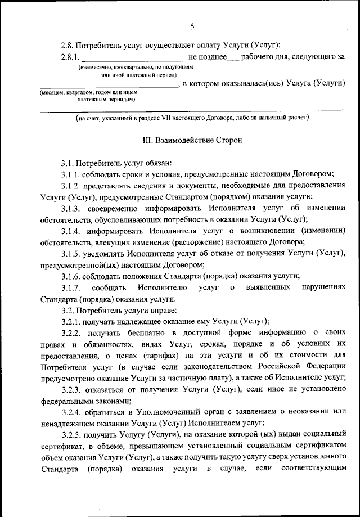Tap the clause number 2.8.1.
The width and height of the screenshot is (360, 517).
70,57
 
